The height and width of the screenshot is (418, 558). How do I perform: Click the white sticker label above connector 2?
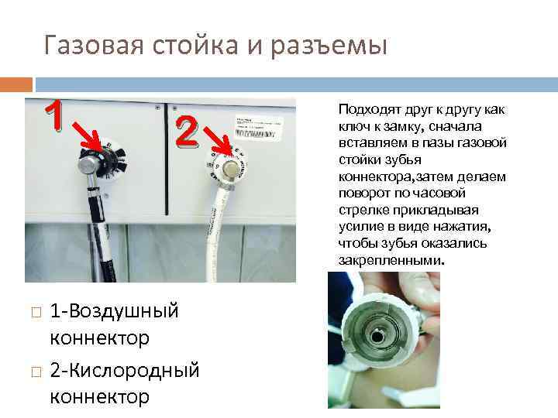pos(260,123)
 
